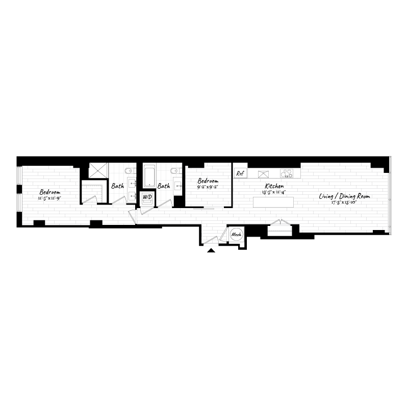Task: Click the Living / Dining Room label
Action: point(345,196)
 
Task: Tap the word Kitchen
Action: point(273,187)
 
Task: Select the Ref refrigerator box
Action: point(241,173)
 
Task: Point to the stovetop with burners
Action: point(287,173)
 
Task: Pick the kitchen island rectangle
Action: point(274,202)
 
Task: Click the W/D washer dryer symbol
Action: point(147,197)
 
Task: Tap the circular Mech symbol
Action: point(237,235)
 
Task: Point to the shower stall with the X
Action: point(98,171)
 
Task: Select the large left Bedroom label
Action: point(49,192)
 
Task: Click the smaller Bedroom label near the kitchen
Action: point(208,181)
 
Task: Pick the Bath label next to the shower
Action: point(117,186)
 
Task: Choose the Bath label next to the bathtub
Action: point(163,186)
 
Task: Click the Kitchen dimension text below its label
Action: point(273,193)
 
